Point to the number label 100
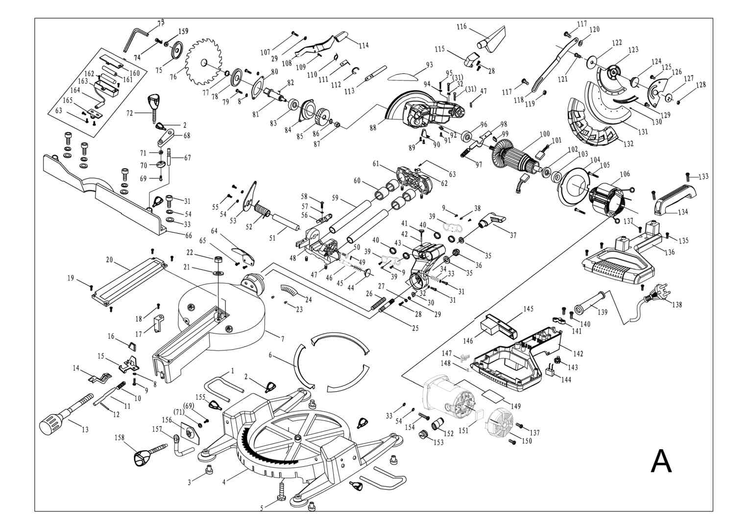[x=544, y=134]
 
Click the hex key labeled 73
[x=135, y=39]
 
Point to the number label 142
[x=578, y=354]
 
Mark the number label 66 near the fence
[x=189, y=236]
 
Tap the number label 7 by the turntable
[x=283, y=339]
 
